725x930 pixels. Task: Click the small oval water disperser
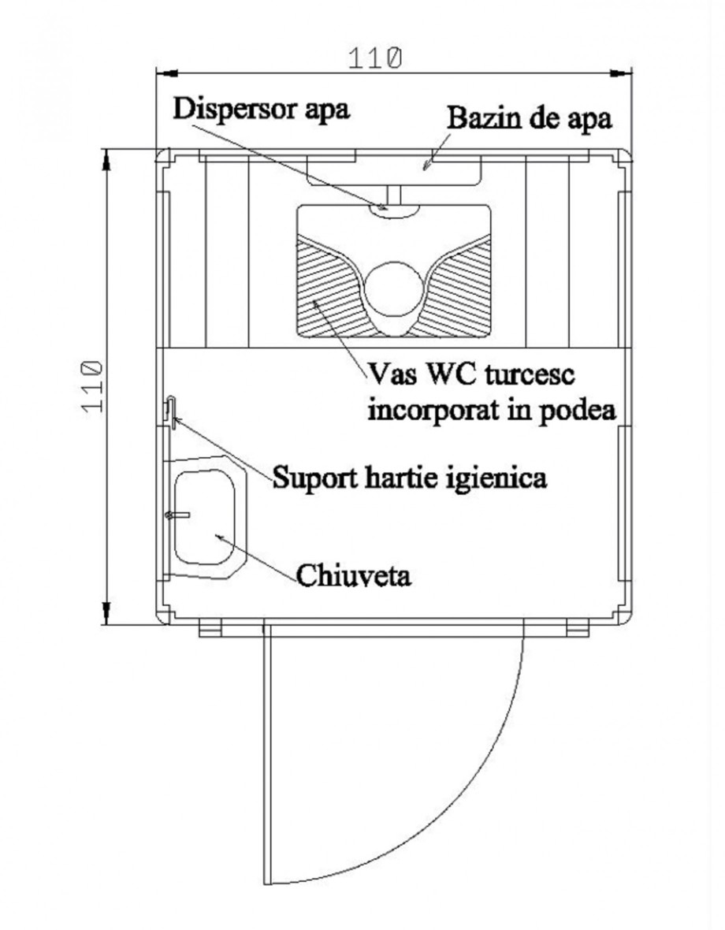point(394,209)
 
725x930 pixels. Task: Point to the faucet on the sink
point(177,515)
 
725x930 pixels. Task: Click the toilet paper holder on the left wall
point(171,411)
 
